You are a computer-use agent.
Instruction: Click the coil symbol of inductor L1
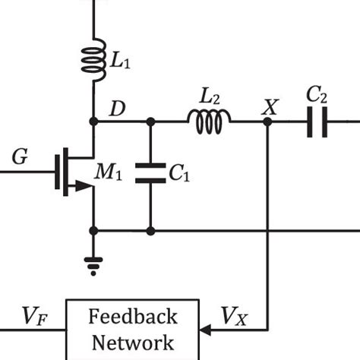pos(93,59)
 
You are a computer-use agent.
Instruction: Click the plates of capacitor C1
pos(150,173)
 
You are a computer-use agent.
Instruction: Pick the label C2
pos(317,96)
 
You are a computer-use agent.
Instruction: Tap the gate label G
pos(21,157)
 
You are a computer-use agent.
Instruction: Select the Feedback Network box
pos(133,329)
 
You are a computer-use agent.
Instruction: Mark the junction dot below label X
pos(267,122)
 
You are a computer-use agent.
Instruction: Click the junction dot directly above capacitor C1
pos(150,122)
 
